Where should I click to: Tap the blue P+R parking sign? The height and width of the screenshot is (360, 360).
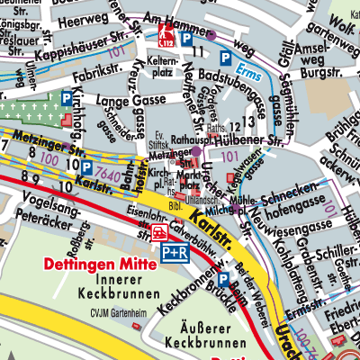[x=174, y=255]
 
